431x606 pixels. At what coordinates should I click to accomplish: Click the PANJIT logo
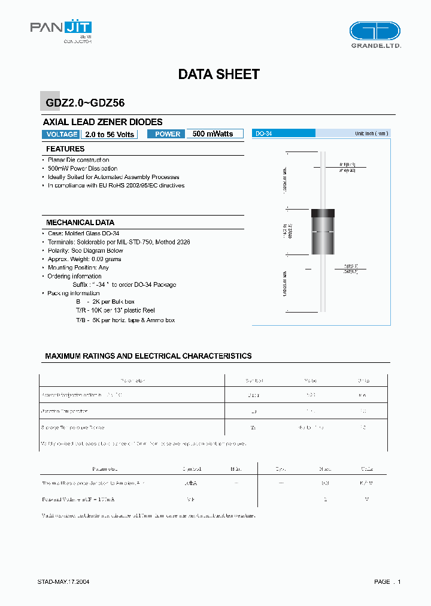pos(60,30)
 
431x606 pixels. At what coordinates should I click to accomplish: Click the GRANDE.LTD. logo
pos(375,34)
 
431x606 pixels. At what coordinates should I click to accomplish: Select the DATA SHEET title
pos(218,74)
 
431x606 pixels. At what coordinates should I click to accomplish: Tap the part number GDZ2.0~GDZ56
pos(85,103)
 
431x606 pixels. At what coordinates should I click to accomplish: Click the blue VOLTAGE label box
pos(61,134)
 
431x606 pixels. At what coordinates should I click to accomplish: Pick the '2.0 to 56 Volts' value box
pos(109,134)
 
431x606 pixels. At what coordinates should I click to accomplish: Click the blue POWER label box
pos(167,134)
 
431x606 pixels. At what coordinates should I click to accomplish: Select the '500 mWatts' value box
pos(214,134)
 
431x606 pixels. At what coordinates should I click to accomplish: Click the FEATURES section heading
pos(65,149)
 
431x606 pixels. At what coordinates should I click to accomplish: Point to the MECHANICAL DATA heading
pos(80,222)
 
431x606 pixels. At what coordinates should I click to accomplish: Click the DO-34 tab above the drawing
pos(264,134)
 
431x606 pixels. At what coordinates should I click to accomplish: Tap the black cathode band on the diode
pos(323,213)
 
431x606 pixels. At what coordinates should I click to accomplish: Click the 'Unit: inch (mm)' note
pos(371,134)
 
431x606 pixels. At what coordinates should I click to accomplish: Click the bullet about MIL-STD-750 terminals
pos(127,242)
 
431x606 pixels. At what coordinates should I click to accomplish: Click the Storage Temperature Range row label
pos(72,428)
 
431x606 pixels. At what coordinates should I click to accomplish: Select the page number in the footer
pos(387,582)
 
